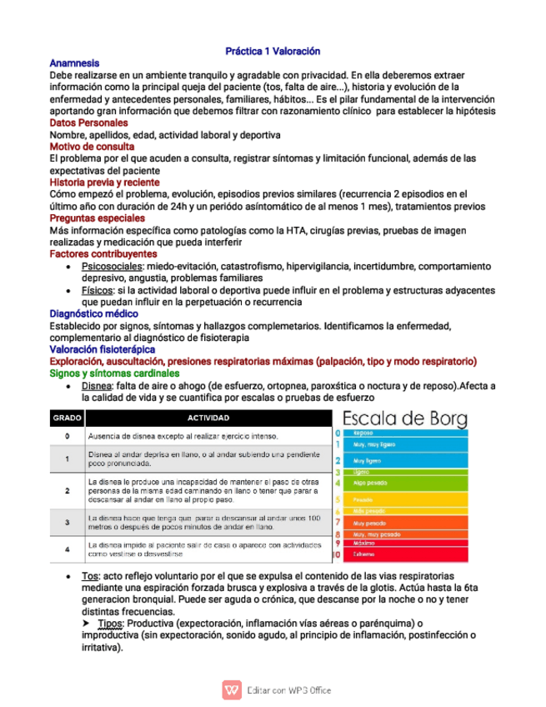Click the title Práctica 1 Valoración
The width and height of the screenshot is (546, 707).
tap(273, 51)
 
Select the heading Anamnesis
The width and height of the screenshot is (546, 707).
tap(74, 63)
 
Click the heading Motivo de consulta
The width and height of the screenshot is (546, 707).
tap(92, 147)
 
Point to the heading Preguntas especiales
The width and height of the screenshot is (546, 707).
tap(97, 218)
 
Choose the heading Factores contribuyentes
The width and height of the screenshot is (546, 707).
tap(103, 253)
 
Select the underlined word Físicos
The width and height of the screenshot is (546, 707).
tap(98, 290)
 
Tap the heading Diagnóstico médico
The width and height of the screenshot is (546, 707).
tap(93, 313)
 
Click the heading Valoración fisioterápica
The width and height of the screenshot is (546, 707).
tap(103, 349)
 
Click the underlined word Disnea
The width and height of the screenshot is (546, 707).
tap(97, 386)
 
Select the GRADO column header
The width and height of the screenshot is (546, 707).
tap(67, 418)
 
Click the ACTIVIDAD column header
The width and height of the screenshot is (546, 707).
tap(208, 418)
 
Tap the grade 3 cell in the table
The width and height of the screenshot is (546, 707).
tap(67, 522)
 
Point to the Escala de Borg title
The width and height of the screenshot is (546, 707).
tap(405, 417)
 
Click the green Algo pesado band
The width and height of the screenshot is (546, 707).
tap(404, 483)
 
